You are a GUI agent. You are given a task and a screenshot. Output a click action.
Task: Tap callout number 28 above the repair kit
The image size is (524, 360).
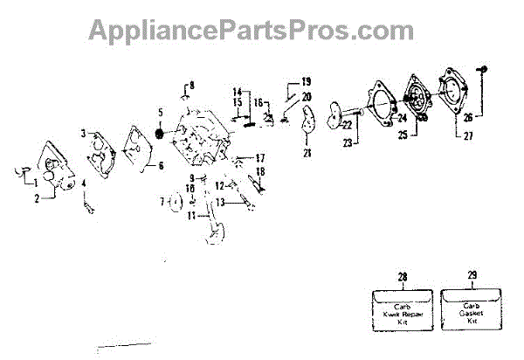[x=403, y=277]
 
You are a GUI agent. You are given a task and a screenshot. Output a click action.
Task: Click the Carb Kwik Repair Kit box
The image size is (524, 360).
[x=402, y=310]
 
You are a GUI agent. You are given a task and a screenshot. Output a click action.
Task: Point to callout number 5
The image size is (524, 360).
[x=160, y=113]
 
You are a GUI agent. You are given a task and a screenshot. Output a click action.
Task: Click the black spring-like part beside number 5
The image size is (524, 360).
[x=161, y=133]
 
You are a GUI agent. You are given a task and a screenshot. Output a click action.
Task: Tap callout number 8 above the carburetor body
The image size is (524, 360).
[x=193, y=85]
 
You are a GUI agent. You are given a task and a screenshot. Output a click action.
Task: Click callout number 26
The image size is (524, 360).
[x=470, y=116]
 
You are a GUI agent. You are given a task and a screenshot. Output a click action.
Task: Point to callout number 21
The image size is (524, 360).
[x=307, y=154]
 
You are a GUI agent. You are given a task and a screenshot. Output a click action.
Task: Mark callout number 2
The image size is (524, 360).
[x=38, y=199]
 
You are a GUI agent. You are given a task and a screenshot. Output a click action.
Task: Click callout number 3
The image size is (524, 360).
[x=85, y=134]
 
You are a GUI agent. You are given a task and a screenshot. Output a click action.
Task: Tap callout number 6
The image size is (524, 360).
[x=160, y=164]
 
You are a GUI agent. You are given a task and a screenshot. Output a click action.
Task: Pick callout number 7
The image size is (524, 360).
[x=162, y=202]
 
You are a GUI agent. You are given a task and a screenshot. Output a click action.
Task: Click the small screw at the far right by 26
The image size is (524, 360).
[x=481, y=68]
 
